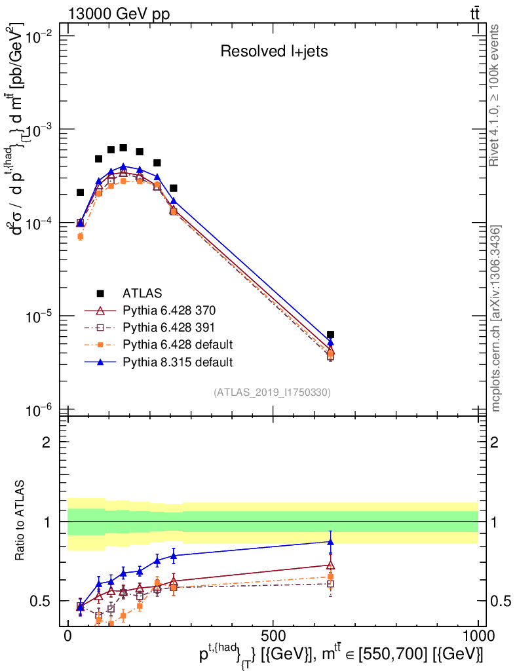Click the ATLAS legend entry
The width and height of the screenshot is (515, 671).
(143, 293)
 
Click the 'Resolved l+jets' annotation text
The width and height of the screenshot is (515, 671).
(274, 52)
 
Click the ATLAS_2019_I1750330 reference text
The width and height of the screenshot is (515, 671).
(272, 393)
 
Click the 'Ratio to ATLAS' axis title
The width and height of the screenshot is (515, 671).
(20, 521)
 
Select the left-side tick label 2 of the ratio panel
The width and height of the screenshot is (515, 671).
(47, 442)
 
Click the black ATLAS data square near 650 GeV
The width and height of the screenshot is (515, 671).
(331, 335)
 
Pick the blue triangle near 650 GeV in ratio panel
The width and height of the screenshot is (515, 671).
(331, 541)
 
